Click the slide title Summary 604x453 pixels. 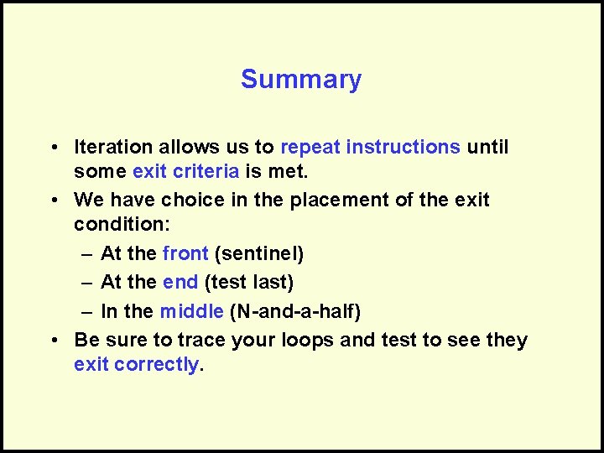[301, 80]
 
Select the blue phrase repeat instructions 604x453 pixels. [370, 147]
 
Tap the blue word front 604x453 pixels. [185, 253]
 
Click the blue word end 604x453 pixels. [180, 283]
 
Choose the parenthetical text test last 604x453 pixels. [249, 283]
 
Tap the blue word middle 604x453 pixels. [191, 312]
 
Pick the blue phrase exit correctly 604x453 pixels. [137, 365]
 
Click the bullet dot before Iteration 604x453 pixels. [53, 148]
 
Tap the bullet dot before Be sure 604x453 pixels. [53, 341]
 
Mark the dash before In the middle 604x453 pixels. [86, 312]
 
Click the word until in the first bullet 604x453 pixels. [487, 147]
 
